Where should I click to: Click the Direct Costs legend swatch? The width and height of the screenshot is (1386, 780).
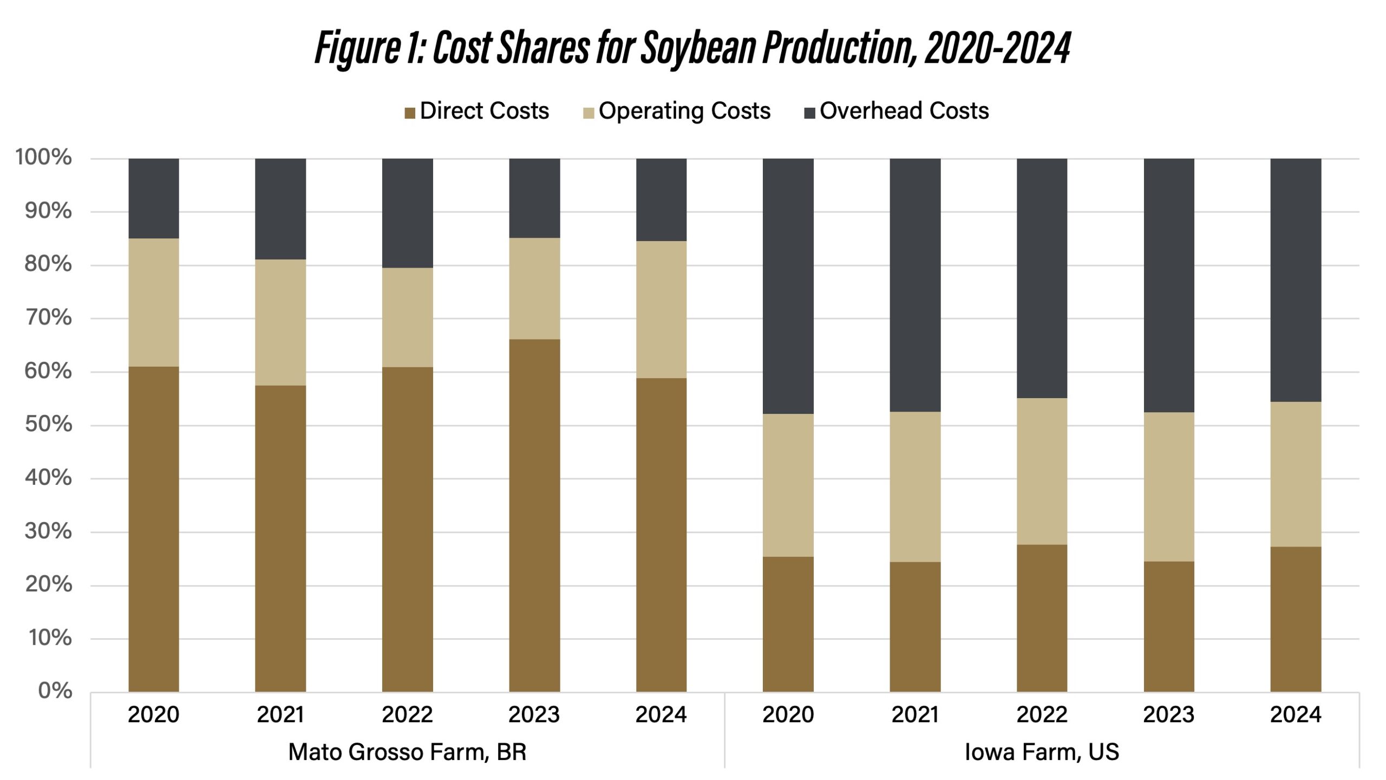click(410, 113)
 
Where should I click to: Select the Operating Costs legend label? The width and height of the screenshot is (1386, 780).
click(684, 111)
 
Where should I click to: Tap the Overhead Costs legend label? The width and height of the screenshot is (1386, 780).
click(904, 111)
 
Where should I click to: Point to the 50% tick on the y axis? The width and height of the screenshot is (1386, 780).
click(48, 424)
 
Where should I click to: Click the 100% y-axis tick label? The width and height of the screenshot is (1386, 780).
click(43, 157)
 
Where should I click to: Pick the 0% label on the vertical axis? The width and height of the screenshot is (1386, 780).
click(55, 691)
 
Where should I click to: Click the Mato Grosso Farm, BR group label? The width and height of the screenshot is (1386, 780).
click(407, 752)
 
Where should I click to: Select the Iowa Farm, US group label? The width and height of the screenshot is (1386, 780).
click(1042, 752)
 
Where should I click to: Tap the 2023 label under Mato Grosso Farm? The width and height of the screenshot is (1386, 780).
click(534, 714)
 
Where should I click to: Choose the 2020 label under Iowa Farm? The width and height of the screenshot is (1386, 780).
click(788, 714)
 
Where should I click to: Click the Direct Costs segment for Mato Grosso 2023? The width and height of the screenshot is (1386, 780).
click(534, 515)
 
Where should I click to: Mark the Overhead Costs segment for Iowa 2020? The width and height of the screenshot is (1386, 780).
click(788, 286)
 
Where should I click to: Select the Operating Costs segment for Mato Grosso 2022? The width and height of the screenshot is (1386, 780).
click(407, 317)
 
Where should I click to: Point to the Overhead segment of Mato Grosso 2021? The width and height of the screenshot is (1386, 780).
click(280, 209)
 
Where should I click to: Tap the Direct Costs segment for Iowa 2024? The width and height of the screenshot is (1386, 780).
click(1296, 619)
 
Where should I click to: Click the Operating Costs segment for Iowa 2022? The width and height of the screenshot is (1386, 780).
click(1042, 471)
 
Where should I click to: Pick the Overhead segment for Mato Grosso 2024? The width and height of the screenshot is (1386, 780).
click(661, 199)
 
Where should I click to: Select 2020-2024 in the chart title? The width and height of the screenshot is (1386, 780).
click(997, 48)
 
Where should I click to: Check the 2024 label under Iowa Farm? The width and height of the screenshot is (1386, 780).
click(1296, 714)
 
